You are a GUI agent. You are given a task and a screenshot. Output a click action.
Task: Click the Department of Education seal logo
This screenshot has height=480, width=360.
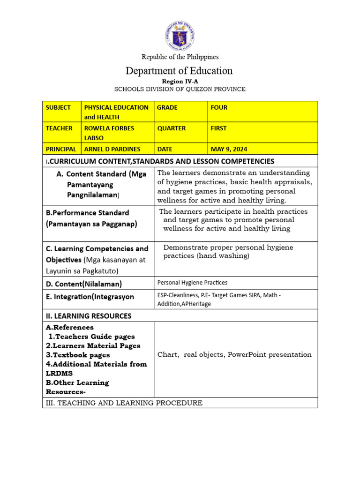click(180, 36)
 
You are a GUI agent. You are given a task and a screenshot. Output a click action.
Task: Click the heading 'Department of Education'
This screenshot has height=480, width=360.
click(179, 71)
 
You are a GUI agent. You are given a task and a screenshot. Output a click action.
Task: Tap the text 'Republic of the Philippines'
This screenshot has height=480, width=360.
click(180, 57)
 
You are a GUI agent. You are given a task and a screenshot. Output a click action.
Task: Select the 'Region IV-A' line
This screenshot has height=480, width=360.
click(180, 81)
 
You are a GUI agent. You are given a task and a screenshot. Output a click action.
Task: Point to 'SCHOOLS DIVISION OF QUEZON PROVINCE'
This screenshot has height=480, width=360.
click(180, 89)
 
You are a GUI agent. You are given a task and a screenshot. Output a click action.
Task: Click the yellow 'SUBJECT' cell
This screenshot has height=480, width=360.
click(61, 112)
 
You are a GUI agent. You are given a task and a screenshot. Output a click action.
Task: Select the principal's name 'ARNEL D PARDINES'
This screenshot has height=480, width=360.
click(113, 149)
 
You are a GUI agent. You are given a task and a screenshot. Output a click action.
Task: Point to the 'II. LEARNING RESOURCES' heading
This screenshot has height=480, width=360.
click(89, 316)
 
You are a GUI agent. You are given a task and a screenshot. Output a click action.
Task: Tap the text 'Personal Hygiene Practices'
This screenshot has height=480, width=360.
click(192, 283)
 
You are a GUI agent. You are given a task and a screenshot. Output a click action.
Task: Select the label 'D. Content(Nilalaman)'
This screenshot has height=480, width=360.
click(84, 284)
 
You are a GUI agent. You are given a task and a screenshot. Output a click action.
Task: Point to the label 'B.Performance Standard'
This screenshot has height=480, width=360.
click(87, 212)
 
